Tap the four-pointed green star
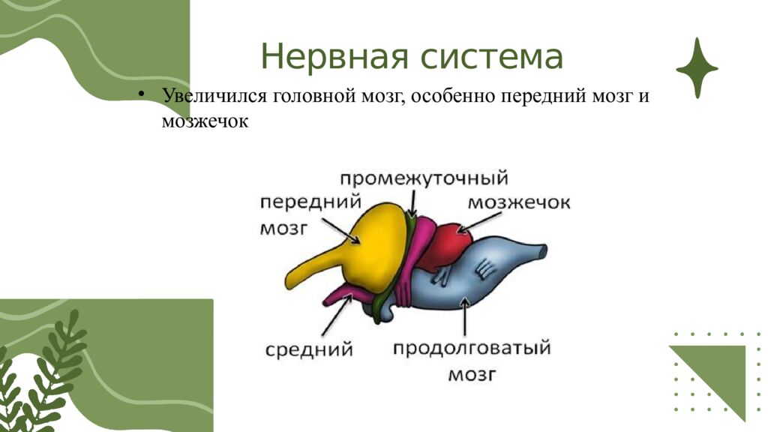tap(697, 68)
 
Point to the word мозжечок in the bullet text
tap(204, 120)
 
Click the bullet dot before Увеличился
tap(140, 95)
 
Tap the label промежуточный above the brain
tap(424, 178)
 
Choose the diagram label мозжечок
tap(519, 203)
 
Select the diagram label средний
tap(309, 349)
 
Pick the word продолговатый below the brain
tap(472, 349)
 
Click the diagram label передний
tap(310, 202)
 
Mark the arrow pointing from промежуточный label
tap(412, 202)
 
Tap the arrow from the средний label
tap(335, 316)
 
